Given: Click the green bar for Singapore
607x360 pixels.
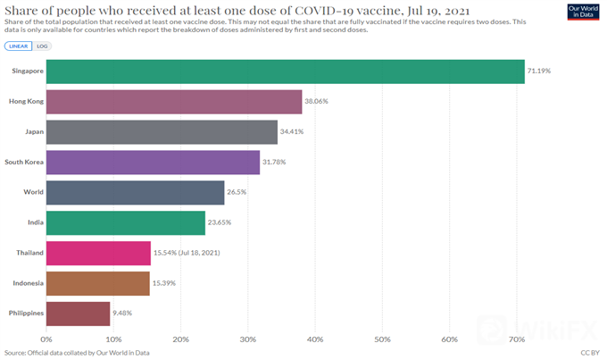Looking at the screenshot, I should pyautogui.click(x=285, y=71).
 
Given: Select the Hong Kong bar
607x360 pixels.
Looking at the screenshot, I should pyautogui.click(x=174, y=102).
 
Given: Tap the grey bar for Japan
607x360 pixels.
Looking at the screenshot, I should pyautogui.click(x=162, y=132).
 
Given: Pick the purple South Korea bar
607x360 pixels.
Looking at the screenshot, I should pyautogui.click(x=153, y=163).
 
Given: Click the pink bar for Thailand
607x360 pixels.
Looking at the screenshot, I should pyautogui.click(x=98, y=253).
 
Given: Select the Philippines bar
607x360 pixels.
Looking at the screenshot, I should pyautogui.click(x=78, y=314).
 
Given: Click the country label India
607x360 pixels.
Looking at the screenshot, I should pyautogui.click(x=32, y=223).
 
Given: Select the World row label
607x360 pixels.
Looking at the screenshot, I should pyautogui.click(x=31, y=193).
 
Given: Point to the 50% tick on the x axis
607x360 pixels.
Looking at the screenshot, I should pyautogui.click(x=382, y=339).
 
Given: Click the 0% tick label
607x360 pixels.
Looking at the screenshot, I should pyautogui.click(x=46, y=339).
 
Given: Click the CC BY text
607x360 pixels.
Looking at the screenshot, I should pyautogui.click(x=590, y=353).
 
